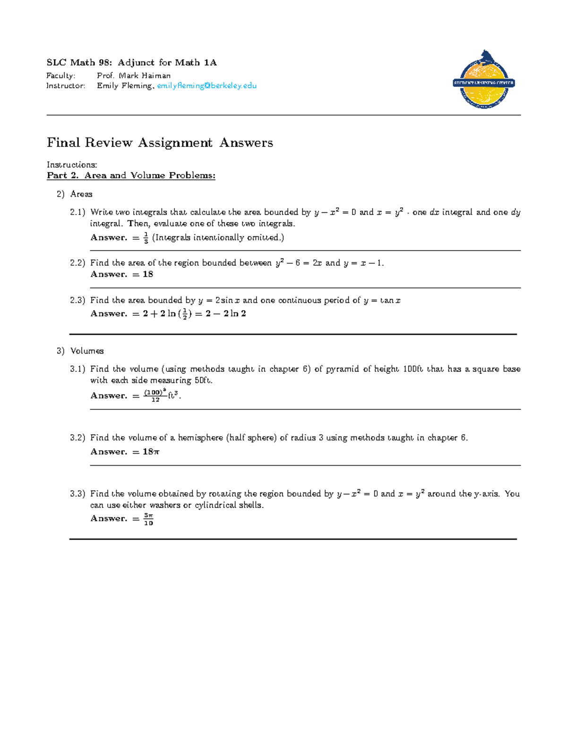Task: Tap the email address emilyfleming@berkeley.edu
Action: pyautogui.click(x=206, y=86)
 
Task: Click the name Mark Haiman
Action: pyautogui.click(x=145, y=76)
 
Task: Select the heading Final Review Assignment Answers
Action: pyautogui.click(x=160, y=143)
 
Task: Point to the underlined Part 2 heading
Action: pyautogui.click(x=131, y=175)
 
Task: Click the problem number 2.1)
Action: pyautogui.click(x=77, y=212)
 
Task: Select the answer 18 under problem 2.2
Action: pyautogui.click(x=148, y=274)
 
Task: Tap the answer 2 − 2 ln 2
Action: pyautogui.click(x=226, y=314)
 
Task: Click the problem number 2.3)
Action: pyautogui.click(x=77, y=300)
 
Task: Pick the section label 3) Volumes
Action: pyautogui.click(x=80, y=351)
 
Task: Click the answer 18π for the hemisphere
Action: pyautogui.click(x=151, y=452)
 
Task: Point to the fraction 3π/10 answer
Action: pyautogui.click(x=148, y=519)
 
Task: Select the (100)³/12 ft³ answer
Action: pyautogui.click(x=161, y=396)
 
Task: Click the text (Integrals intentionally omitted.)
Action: pyautogui.click(x=218, y=238)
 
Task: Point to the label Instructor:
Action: pyautogui.click(x=66, y=86)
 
